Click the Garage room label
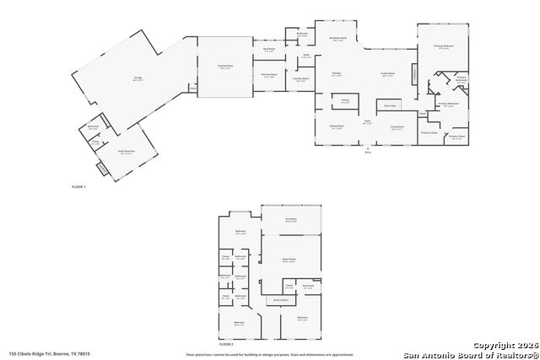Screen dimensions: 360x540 (x=137, y=78)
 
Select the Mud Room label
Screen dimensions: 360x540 (x=269, y=49)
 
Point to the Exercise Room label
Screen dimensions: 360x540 (x=269, y=75)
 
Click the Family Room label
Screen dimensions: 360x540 (x=387, y=73)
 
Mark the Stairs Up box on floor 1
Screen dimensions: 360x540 (x=390, y=105)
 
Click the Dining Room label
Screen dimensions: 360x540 (x=336, y=127)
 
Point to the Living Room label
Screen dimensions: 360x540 (x=397, y=127)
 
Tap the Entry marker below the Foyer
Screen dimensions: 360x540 (x=367, y=151)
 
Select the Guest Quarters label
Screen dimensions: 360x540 (x=127, y=153)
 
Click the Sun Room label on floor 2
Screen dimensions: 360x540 (x=290, y=219)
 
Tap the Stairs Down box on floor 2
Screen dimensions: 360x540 (x=279, y=299)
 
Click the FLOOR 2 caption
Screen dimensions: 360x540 (x=225, y=345)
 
